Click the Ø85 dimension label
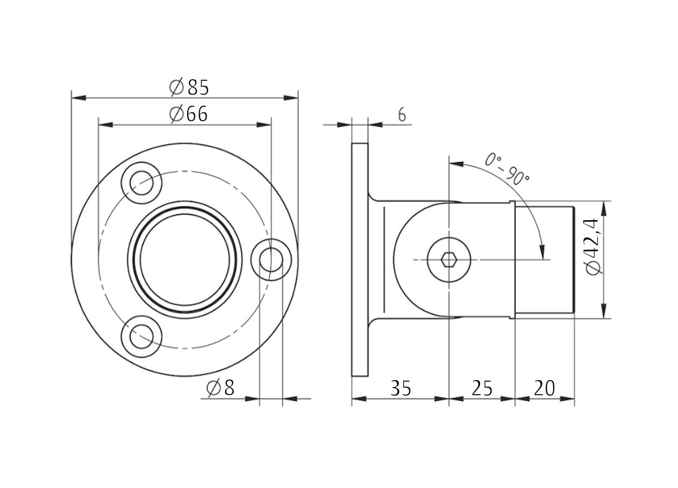coord(189,87)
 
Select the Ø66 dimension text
coord(188,114)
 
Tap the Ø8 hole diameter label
coord(220,388)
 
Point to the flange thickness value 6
coord(402,115)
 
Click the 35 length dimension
coord(400,388)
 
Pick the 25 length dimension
coord(482,388)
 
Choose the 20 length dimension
coord(544,388)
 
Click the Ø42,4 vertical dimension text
coord(592,246)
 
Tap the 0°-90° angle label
coord(507,169)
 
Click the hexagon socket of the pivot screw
coord(449,260)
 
